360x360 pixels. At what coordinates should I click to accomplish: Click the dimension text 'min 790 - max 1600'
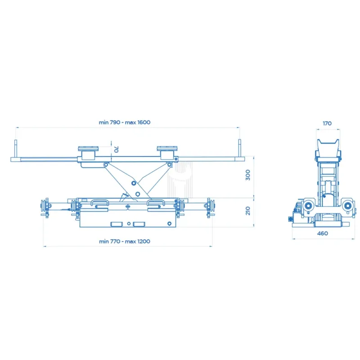(x=125, y=122)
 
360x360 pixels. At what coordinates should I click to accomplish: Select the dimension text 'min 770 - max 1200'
(x=125, y=241)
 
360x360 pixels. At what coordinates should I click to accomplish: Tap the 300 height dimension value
(x=247, y=175)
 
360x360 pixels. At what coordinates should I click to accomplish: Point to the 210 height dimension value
(x=247, y=211)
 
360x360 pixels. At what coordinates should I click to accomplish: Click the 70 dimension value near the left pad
(x=116, y=149)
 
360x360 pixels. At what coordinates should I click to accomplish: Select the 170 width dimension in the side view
(x=327, y=122)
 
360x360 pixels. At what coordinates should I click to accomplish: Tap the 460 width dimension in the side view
(x=322, y=233)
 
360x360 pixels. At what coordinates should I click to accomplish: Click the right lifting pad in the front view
(x=167, y=149)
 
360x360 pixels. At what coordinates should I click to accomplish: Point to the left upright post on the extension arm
(x=16, y=148)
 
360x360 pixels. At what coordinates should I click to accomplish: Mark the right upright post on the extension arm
(x=239, y=148)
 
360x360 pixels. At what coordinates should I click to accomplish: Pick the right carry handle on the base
(x=156, y=203)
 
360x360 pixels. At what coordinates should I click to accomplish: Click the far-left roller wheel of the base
(x=44, y=207)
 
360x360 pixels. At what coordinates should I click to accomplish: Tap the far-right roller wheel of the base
(x=210, y=207)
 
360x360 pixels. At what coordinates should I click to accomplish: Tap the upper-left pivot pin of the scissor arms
(x=106, y=165)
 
